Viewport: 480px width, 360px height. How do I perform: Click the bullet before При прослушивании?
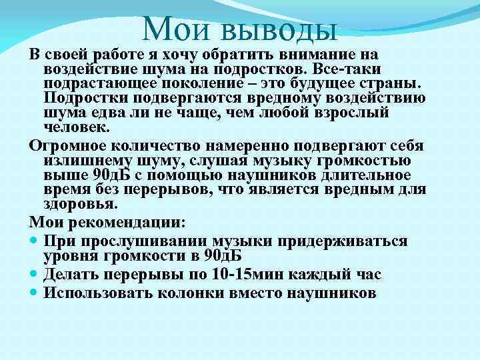pyautogui.click(x=35, y=241)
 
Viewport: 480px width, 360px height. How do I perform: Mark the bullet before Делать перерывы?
pyautogui.click(x=35, y=274)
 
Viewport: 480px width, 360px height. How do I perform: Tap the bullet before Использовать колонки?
pyautogui.click(x=35, y=293)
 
